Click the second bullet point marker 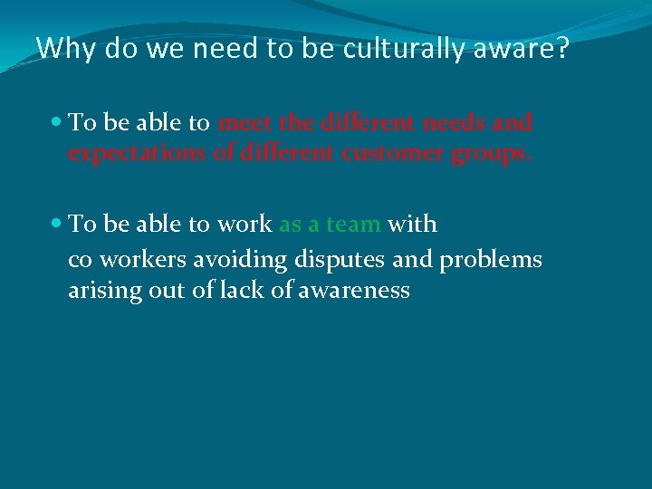click(x=57, y=224)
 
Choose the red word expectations click(x=137, y=154)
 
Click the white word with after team click(x=412, y=224)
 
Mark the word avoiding click(x=245, y=261)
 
